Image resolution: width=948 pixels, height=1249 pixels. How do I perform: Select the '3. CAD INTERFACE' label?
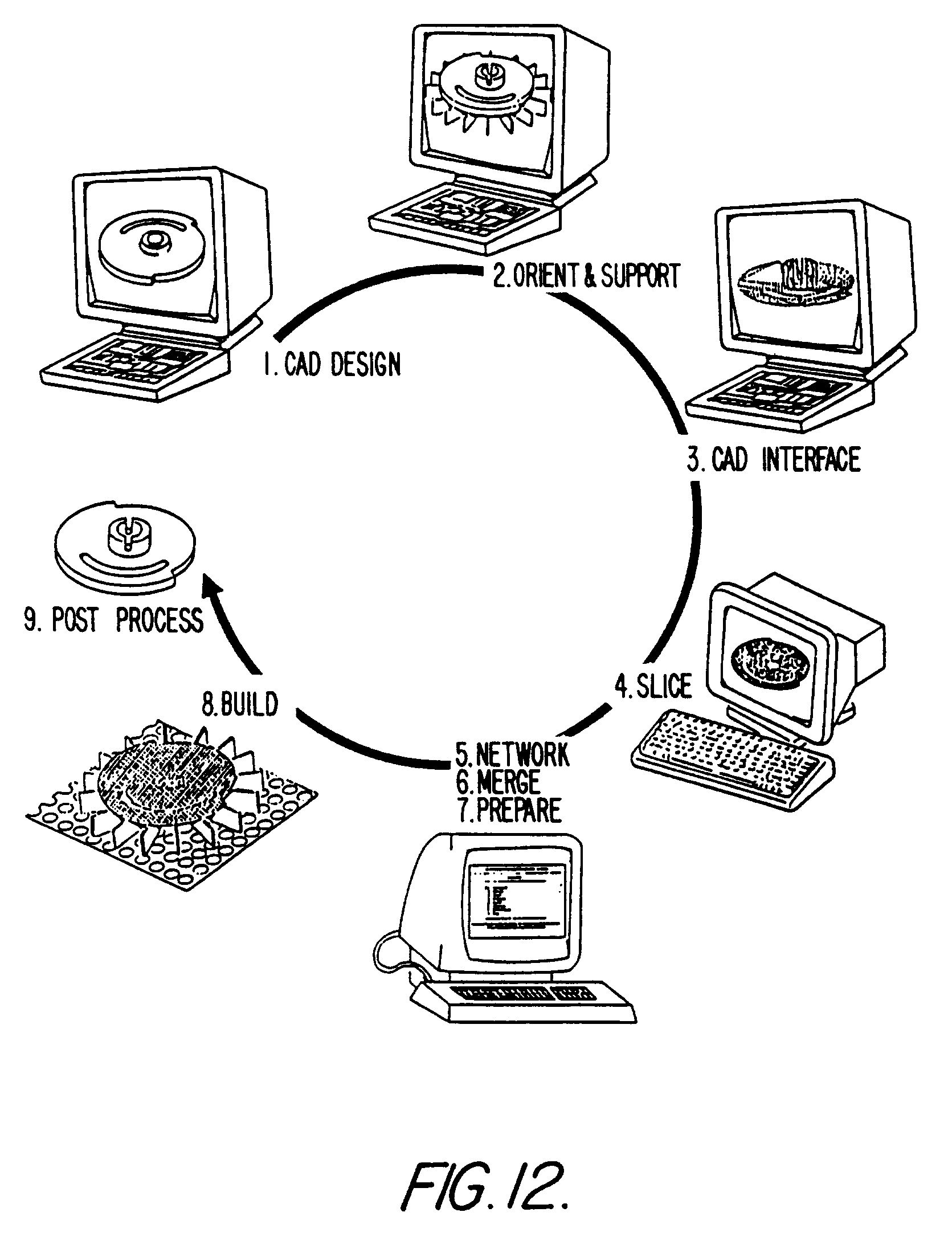773,459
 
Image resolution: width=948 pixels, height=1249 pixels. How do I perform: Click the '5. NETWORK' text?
512,754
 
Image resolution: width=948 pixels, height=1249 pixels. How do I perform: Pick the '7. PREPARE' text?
509,810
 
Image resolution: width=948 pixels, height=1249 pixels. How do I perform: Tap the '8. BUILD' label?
240,705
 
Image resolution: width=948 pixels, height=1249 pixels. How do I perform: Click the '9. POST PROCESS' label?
113,620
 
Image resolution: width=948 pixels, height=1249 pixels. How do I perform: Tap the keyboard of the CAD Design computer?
131,365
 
